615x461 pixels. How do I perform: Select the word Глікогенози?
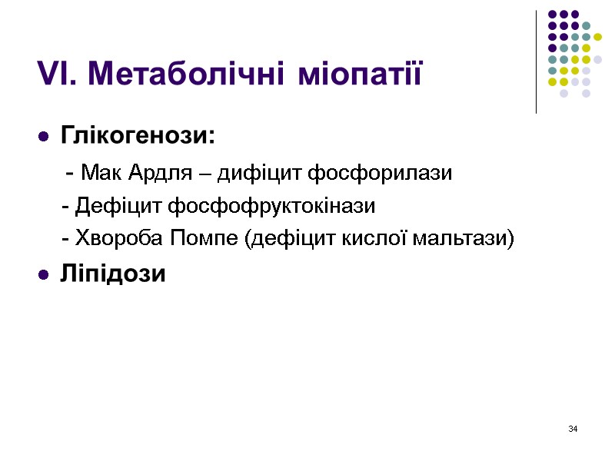pos(138,136)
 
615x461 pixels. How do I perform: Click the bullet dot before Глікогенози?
pos(44,138)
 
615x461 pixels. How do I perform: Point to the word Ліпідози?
pos(113,274)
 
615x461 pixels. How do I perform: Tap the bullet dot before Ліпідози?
pos(44,275)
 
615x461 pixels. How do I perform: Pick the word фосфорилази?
pos(380,173)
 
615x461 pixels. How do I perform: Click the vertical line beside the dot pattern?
pos(536,61)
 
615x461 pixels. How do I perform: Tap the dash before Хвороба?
pos(65,240)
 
